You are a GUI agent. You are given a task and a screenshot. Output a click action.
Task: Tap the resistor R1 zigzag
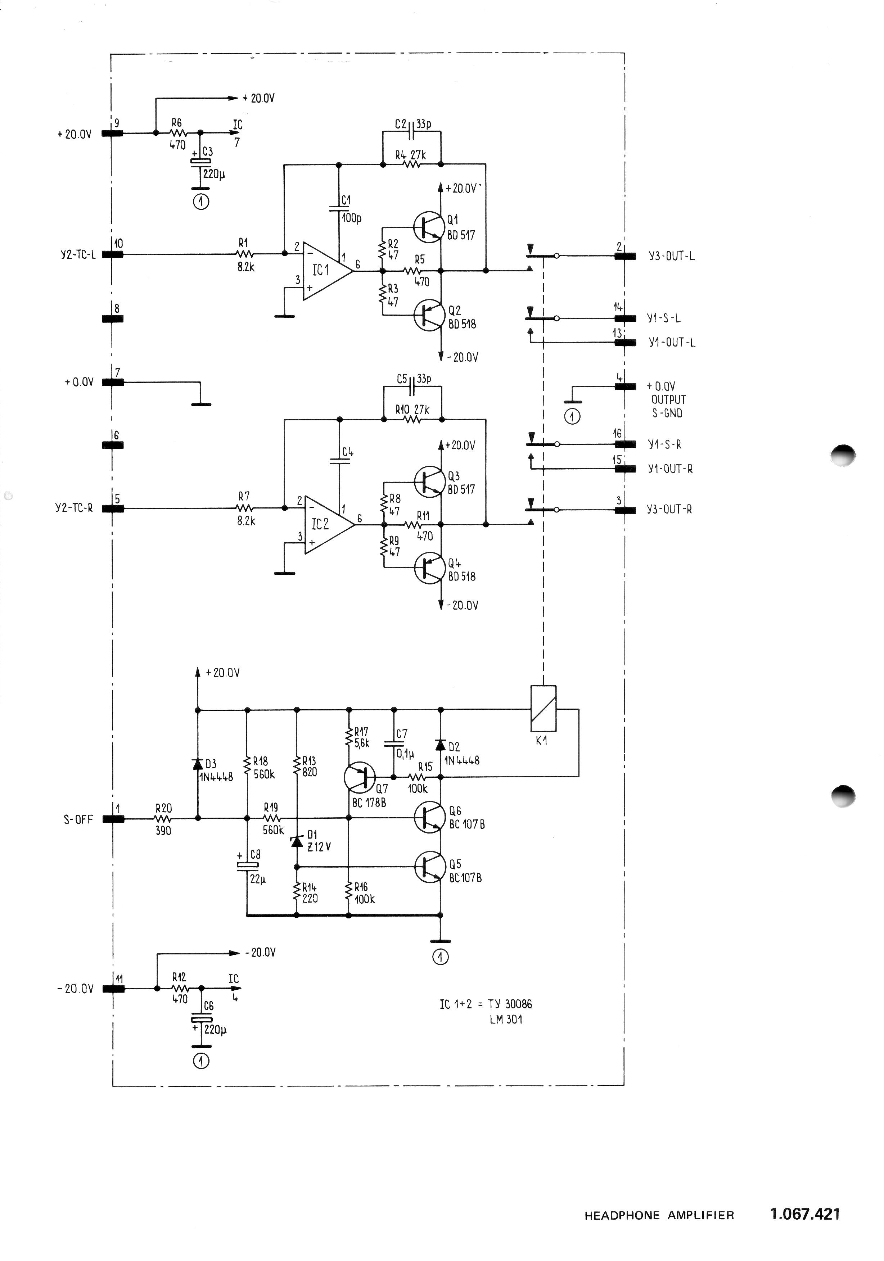point(244,254)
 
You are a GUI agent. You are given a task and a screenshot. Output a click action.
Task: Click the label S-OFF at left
point(78,819)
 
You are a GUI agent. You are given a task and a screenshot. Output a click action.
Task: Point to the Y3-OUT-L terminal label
point(671,257)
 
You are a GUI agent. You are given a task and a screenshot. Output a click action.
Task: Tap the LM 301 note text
point(506,1020)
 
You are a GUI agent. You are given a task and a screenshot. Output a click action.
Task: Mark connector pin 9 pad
point(113,133)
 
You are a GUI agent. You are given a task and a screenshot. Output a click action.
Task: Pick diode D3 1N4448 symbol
point(197,764)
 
